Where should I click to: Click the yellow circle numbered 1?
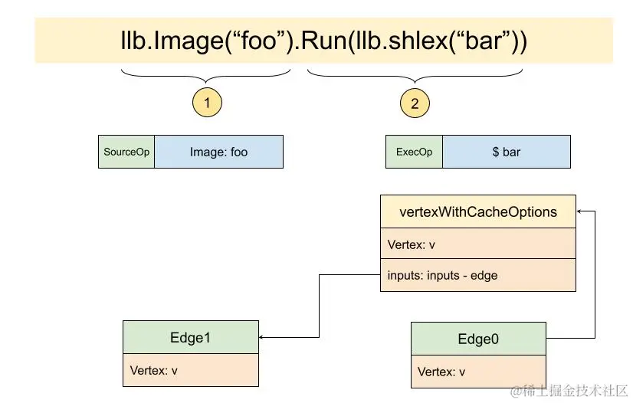pos(206,103)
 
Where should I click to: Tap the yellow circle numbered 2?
pos(415,103)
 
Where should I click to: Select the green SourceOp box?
pos(126,152)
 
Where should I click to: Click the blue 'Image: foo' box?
pos(218,152)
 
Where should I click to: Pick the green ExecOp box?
pos(414,152)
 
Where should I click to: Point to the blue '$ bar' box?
pos(506,152)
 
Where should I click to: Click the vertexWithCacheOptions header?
pos(478,211)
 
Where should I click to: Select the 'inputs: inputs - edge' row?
pos(478,275)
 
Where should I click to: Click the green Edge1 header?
pos(190,337)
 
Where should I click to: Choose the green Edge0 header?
pos(478,339)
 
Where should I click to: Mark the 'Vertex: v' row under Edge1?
pos(190,370)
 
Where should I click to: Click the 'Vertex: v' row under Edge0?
pos(478,372)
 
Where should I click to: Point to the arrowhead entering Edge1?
pos(263,337)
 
